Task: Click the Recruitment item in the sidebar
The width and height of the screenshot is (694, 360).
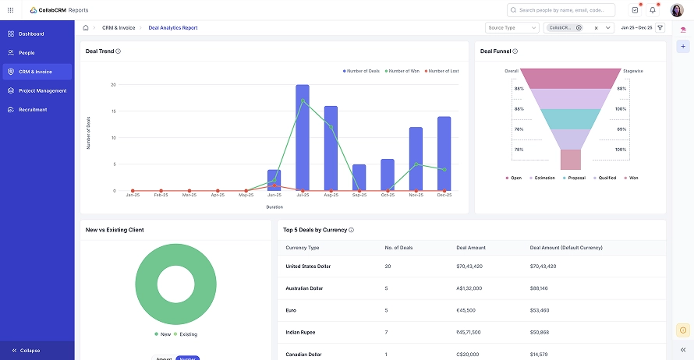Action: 33,110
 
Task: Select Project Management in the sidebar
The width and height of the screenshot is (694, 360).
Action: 42,90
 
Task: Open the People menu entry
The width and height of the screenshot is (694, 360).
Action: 27,53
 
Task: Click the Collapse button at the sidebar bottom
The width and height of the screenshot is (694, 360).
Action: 30,351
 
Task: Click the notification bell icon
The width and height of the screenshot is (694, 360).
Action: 653,10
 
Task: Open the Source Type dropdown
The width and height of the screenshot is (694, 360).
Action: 512,28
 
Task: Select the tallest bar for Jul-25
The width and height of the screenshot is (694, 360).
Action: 303,138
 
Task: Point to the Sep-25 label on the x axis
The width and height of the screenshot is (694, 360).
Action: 359,195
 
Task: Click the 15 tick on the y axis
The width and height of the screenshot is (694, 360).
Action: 114,111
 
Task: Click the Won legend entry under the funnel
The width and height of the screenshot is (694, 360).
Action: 633,178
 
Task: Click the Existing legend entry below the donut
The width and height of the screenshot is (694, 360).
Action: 188,334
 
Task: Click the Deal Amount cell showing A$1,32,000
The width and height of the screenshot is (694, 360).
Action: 469,288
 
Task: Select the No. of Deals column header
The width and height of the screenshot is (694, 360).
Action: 398,248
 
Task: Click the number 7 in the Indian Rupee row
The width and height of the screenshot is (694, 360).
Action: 387,332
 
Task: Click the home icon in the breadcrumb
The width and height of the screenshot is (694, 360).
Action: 86,28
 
